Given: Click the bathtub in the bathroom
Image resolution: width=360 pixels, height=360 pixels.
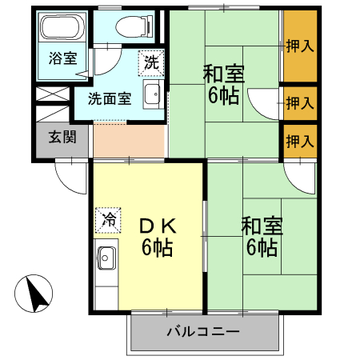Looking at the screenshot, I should pyautogui.click(x=59, y=30).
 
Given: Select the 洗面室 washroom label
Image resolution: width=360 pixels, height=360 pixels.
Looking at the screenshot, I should pyautogui.click(x=109, y=100).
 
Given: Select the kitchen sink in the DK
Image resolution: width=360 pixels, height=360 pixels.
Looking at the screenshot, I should pyautogui.click(x=106, y=258).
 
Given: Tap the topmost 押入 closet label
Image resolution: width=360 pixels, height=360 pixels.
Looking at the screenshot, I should pyautogui.click(x=300, y=46).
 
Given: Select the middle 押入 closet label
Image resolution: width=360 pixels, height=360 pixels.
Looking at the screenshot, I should pyautogui.click(x=300, y=102).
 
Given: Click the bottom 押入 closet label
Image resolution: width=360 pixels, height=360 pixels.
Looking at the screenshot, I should pyautogui.click(x=300, y=142).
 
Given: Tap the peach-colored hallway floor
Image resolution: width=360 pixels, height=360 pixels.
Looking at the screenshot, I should pyautogui.click(x=128, y=141).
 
